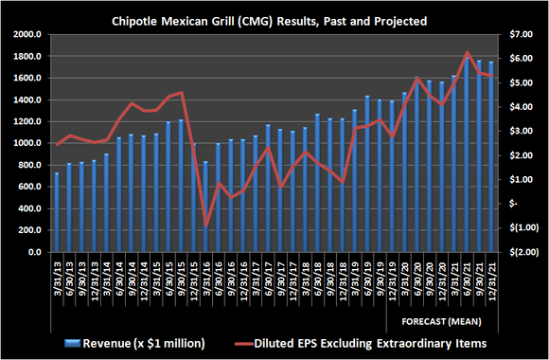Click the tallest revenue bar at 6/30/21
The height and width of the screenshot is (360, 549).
467,152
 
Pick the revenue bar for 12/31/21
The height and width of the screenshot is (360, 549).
491,157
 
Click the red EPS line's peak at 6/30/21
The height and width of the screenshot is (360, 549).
467,52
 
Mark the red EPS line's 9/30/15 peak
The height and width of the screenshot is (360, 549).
181,93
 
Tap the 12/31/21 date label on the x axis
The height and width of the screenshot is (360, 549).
491,279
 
